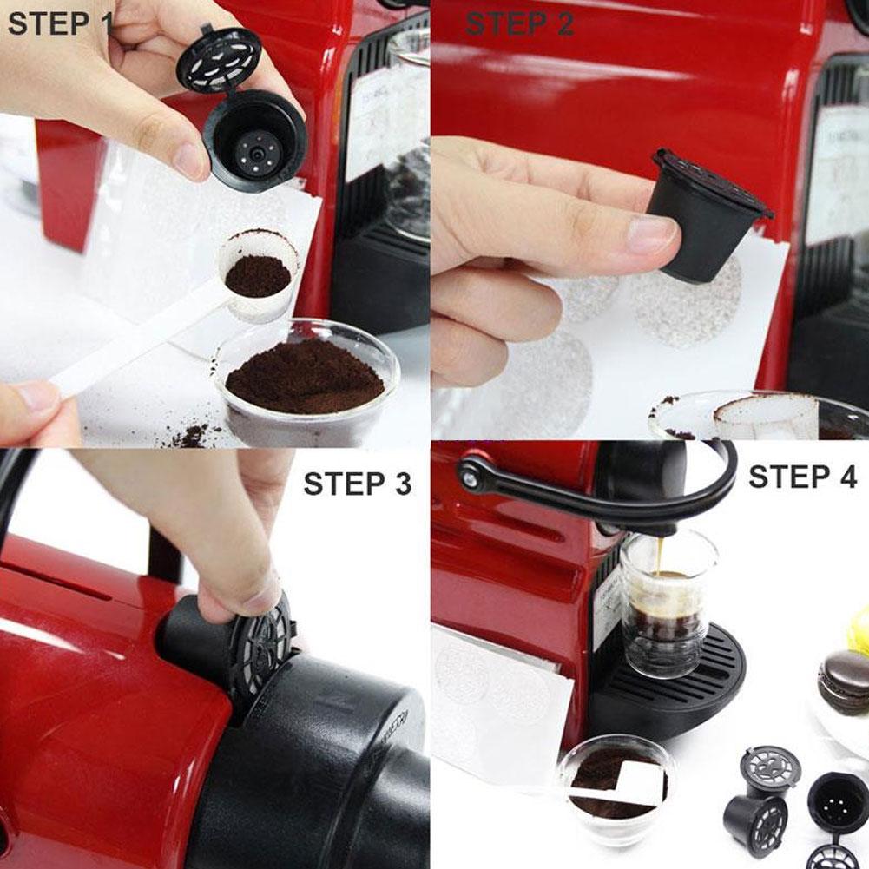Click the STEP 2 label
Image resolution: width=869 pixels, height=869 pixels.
click(518, 23)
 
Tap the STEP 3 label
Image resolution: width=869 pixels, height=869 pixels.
click(357, 484)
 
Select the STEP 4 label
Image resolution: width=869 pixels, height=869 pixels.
click(802, 477)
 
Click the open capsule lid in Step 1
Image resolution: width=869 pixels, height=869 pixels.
click(219, 59)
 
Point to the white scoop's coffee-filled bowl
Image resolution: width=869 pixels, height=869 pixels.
click(257, 274)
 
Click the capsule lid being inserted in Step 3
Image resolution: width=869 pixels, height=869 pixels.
click(260, 647)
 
